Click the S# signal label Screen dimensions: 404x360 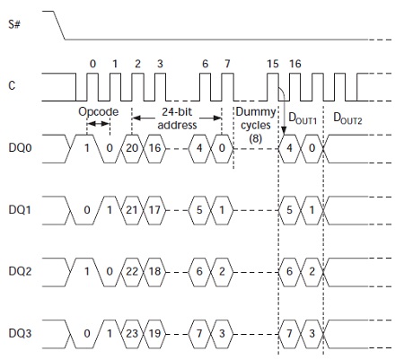[x=14, y=24]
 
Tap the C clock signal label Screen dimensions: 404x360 [x=12, y=85]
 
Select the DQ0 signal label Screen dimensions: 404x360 [x=20, y=147]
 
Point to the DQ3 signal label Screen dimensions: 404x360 [x=20, y=333]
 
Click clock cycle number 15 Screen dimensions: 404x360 [x=273, y=64]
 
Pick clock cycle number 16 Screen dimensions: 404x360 [x=295, y=64]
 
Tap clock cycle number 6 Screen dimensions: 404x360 [x=205, y=64]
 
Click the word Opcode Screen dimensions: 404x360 [x=99, y=112]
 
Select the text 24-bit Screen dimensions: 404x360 [x=177, y=112]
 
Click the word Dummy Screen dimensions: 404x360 [x=256, y=112]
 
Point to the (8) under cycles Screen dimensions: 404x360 [x=256, y=138]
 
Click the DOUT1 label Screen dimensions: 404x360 [x=303, y=118]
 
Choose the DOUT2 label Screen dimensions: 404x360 [x=347, y=118]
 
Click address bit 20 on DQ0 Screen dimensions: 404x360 [x=132, y=148]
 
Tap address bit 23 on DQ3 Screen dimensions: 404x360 [x=132, y=333]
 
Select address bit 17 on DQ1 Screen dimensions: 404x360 [x=154, y=210]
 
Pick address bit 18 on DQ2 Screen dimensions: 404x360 [x=154, y=271]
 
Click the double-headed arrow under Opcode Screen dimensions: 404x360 [x=98, y=124]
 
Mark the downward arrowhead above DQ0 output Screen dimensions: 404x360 [x=284, y=130]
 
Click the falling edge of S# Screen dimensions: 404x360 [x=59, y=25]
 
